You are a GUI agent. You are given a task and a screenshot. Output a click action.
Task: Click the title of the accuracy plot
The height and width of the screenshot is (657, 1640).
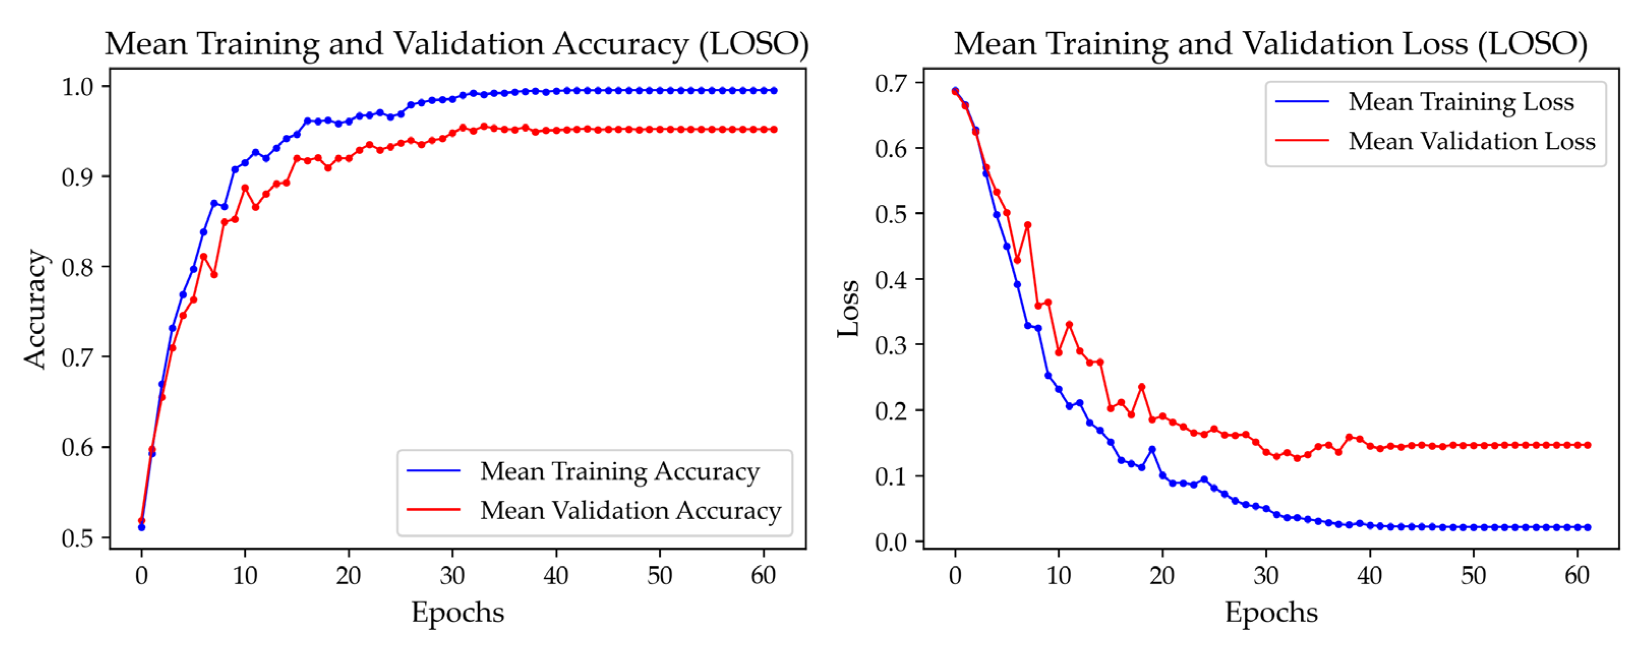pos(456,45)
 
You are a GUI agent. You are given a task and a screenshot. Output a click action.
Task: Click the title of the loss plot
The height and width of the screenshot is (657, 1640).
pos(1270,45)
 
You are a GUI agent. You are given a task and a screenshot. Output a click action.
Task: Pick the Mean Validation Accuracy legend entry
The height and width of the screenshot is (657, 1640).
pos(630,511)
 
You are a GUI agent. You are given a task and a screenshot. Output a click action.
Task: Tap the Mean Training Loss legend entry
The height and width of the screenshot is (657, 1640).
pos(1460,102)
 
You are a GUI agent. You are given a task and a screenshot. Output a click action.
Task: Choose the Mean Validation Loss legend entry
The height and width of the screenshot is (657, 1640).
pos(1471,141)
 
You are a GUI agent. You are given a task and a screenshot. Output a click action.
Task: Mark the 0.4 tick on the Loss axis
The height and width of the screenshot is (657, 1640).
pos(891,280)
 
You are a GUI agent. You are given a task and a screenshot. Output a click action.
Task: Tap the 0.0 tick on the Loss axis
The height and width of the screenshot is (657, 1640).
pos(891,542)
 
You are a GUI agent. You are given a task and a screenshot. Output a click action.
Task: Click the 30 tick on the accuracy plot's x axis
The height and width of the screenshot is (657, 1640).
pos(452,576)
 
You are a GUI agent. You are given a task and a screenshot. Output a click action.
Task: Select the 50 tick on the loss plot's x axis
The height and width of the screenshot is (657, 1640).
pos(1473,576)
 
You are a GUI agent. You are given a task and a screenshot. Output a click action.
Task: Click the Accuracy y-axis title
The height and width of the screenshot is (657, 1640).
pos(36,309)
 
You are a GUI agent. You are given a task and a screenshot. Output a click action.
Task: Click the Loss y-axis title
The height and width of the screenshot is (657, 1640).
pos(848,309)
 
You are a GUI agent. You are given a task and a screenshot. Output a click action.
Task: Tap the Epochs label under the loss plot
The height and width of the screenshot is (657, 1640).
pos(1271,612)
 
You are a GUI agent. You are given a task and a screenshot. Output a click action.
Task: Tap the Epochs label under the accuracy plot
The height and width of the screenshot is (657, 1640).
pos(457,612)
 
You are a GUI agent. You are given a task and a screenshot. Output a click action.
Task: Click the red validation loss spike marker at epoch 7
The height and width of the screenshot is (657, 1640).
pos(1028,225)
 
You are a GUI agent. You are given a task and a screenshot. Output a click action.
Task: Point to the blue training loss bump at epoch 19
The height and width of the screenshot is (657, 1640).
pos(1152,450)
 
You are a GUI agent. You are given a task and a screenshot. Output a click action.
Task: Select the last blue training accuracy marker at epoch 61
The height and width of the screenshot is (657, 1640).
pos(774,91)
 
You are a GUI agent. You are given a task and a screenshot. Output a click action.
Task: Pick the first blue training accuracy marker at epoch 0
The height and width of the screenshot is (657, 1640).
pos(141,527)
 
